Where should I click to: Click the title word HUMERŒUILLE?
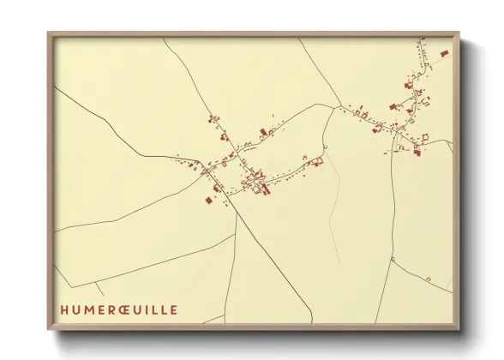pyautogui.click(x=118, y=309)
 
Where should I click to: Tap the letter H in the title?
pyautogui.click(x=63, y=309)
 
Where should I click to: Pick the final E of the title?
pyautogui.click(x=174, y=309)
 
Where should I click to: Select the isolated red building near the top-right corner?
pyautogui.click(x=444, y=53)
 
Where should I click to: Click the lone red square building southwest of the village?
pyautogui.click(x=208, y=200)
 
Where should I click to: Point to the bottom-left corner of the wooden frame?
pyautogui.click(x=49, y=329)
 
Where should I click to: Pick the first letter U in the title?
pyautogui.click(x=75, y=309)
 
